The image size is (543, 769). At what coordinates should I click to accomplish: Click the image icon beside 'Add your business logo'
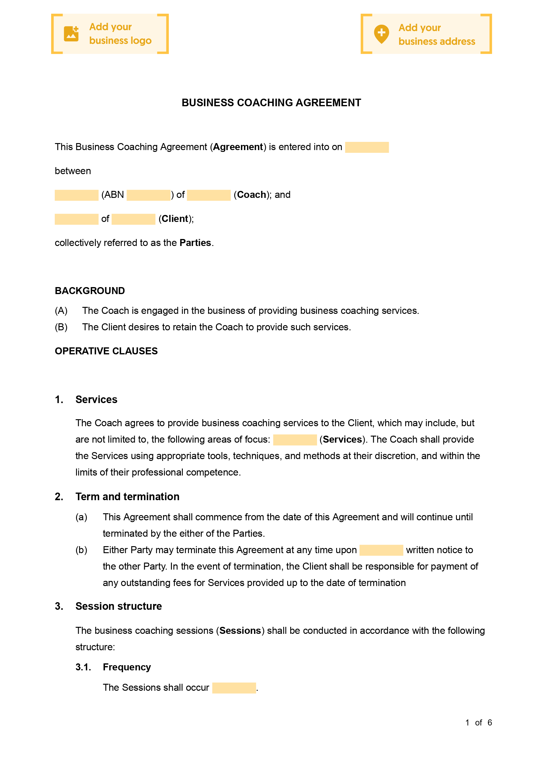71,34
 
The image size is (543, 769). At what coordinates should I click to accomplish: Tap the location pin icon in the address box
381,34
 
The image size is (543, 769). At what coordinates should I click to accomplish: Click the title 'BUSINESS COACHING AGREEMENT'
271,103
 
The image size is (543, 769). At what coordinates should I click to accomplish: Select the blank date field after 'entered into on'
367,147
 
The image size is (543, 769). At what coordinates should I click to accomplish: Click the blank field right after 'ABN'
148,195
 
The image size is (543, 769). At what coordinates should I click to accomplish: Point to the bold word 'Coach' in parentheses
251,195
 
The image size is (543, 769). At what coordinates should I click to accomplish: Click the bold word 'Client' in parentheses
175,219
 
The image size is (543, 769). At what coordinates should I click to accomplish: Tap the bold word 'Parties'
195,243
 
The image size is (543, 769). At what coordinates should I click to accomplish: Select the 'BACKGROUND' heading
90,291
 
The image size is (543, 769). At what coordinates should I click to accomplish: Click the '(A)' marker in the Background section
61,311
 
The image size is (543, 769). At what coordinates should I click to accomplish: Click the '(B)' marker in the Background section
61,327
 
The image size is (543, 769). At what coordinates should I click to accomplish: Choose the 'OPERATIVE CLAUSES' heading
106,351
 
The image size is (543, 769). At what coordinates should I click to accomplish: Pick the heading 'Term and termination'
127,497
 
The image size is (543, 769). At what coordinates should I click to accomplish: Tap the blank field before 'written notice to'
381,550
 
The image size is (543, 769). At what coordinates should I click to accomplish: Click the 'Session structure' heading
119,606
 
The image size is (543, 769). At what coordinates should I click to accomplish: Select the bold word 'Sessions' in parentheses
240,631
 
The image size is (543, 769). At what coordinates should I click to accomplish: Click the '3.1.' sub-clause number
83,667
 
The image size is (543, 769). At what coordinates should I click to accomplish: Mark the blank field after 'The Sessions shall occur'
234,688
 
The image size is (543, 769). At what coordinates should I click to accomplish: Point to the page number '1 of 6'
479,722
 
